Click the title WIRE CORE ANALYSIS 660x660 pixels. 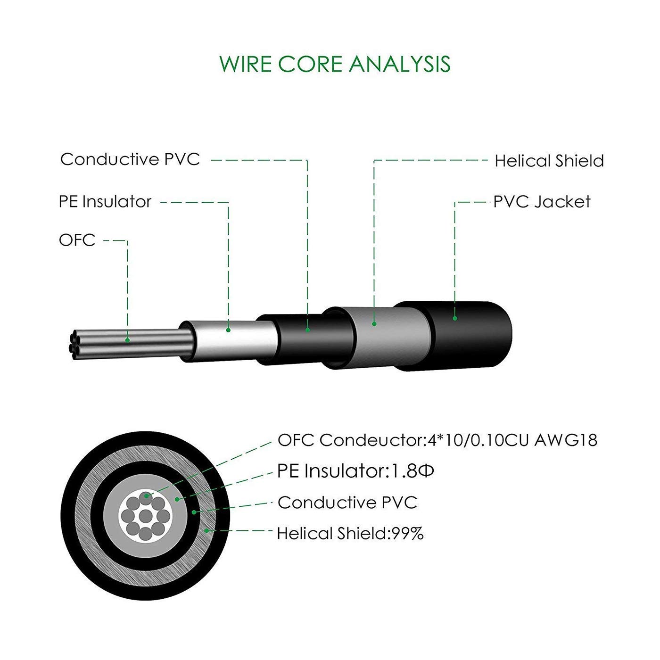coord(335,64)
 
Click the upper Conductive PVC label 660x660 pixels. coord(130,159)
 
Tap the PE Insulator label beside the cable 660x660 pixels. coord(105,202)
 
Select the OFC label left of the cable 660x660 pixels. coord(77,240)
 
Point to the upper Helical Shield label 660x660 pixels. coord(549,161)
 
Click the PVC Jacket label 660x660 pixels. coord(542,202)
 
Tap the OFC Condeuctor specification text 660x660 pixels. coord(437,440)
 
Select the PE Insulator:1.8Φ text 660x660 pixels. coord(355,471)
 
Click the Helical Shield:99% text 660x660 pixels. coord(350,534)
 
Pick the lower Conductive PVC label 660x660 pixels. coord(347,503)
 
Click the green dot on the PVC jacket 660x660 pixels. coord(455,319)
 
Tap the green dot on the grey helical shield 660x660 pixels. coord(374,324)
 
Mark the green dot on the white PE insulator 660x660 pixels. coord(228,330)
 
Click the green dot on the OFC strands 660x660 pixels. coord(128,340)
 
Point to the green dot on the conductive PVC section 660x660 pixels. coord(307,330)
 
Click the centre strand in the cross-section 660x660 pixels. coord(146,515)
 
